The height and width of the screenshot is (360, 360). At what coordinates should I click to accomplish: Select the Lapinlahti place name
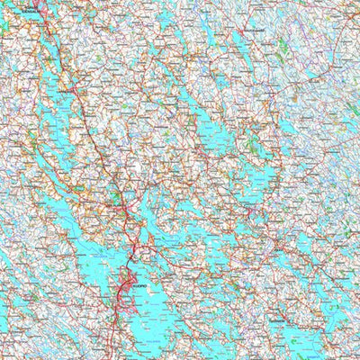(64, 90)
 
